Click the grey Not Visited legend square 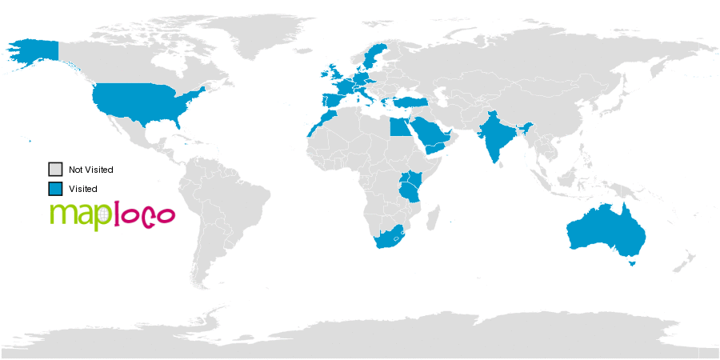coord(55,170)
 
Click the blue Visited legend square coord(55,189)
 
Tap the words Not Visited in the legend coord(91,170)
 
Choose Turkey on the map coord(412,101)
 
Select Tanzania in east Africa coord(410,191)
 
